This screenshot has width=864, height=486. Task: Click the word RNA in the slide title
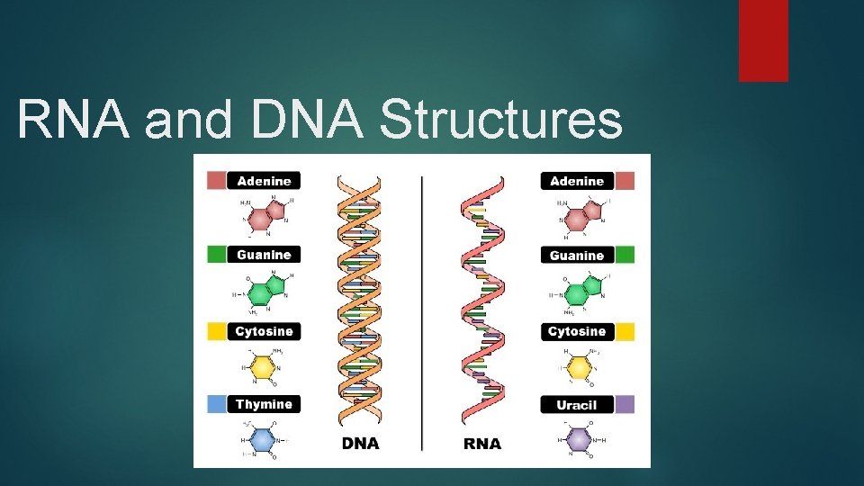coord(74,121)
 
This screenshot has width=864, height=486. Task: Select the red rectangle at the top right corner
coord(763,40)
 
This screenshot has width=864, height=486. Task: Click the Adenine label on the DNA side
coord(264,181)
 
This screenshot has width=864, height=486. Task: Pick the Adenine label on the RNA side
coord(577,181)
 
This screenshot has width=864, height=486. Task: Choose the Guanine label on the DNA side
coord(264,255)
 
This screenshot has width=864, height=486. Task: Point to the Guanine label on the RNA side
coord(577,256)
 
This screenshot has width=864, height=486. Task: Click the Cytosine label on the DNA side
coord(264,332)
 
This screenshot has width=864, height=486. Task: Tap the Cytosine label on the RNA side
coord(577,332)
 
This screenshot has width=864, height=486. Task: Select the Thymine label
coord(264,405)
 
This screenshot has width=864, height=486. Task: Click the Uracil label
coord(577,405)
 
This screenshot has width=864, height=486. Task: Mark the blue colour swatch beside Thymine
coord(216,405)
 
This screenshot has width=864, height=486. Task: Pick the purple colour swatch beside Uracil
coord(625,405)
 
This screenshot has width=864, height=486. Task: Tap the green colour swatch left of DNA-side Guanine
coord(216,255)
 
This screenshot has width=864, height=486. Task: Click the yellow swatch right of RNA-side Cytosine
coord(625,332)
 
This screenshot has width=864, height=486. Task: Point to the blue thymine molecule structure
coord(261,440)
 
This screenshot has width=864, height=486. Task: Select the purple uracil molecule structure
coord(576,440)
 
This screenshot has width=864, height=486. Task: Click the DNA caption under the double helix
coord(360,444)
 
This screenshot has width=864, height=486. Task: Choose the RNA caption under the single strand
coord(481,444)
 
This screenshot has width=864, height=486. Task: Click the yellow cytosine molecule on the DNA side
coord(261,367)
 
